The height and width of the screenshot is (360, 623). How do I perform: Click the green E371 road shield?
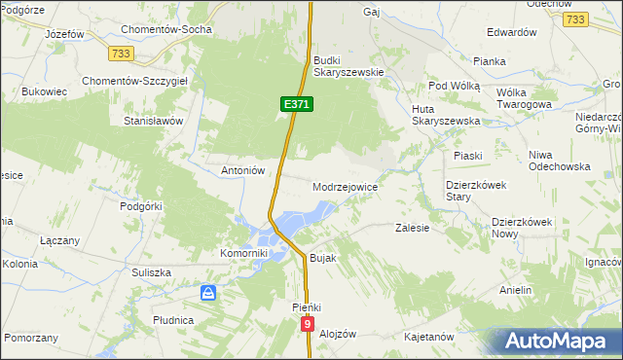click(x=297, y=103)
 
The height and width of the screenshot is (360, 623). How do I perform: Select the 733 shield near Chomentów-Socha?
click(x=122, y=53)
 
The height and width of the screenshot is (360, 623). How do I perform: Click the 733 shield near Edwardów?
click(x=576, y=19)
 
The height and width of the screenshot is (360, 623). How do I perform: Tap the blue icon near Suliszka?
click(x=207, y=292)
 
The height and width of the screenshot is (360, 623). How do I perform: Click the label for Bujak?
click(x=321, y=259)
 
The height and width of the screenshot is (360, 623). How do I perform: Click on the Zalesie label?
click(x=413, y=228)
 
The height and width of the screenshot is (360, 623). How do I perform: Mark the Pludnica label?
click(x=173, y=319)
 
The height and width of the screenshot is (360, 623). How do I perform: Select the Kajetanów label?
click(x=429, y=337)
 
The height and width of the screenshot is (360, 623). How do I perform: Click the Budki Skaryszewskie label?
click(x=350, y=65)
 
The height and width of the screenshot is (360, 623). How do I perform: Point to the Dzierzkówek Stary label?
click(x=471, y=190)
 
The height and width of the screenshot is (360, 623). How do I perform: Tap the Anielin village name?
click(x=516, y=290)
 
